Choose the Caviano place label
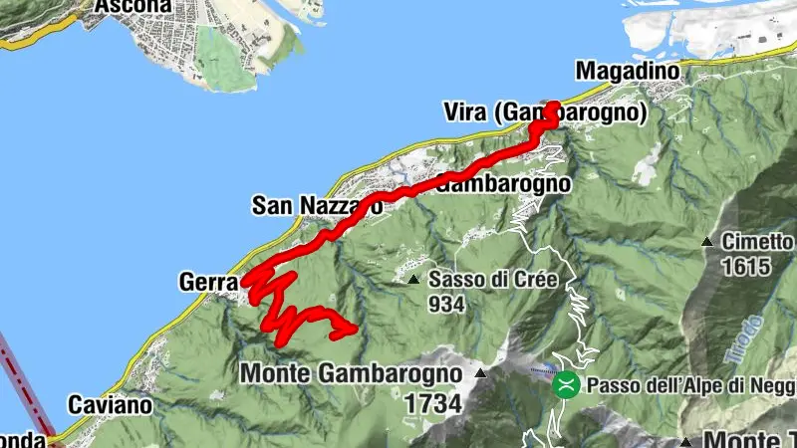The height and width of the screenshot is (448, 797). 110,405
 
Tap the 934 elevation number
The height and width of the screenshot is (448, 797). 447,305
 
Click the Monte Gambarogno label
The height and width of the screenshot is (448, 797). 353,373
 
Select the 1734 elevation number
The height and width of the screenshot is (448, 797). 433,404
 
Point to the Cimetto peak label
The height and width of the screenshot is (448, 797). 758,242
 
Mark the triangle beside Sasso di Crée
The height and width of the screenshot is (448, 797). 414,280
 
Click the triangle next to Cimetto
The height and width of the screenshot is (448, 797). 706,242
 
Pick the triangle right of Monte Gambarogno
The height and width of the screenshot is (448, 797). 480,374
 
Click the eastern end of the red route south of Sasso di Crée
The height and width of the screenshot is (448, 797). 354,329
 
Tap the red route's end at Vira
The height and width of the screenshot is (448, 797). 554,104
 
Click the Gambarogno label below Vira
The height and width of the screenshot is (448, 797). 503,184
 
